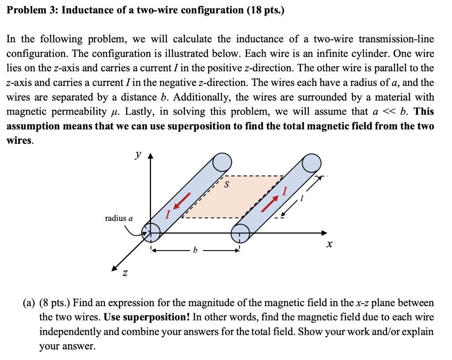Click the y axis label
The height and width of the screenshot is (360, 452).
[x=139, y=155]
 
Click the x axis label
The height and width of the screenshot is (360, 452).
[x=329, y=244]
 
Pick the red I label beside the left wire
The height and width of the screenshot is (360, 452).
[x=167, y=215]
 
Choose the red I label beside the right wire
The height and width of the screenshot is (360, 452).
[x=285, y=191]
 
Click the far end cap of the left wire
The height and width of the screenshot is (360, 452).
[x=222, y=162]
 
